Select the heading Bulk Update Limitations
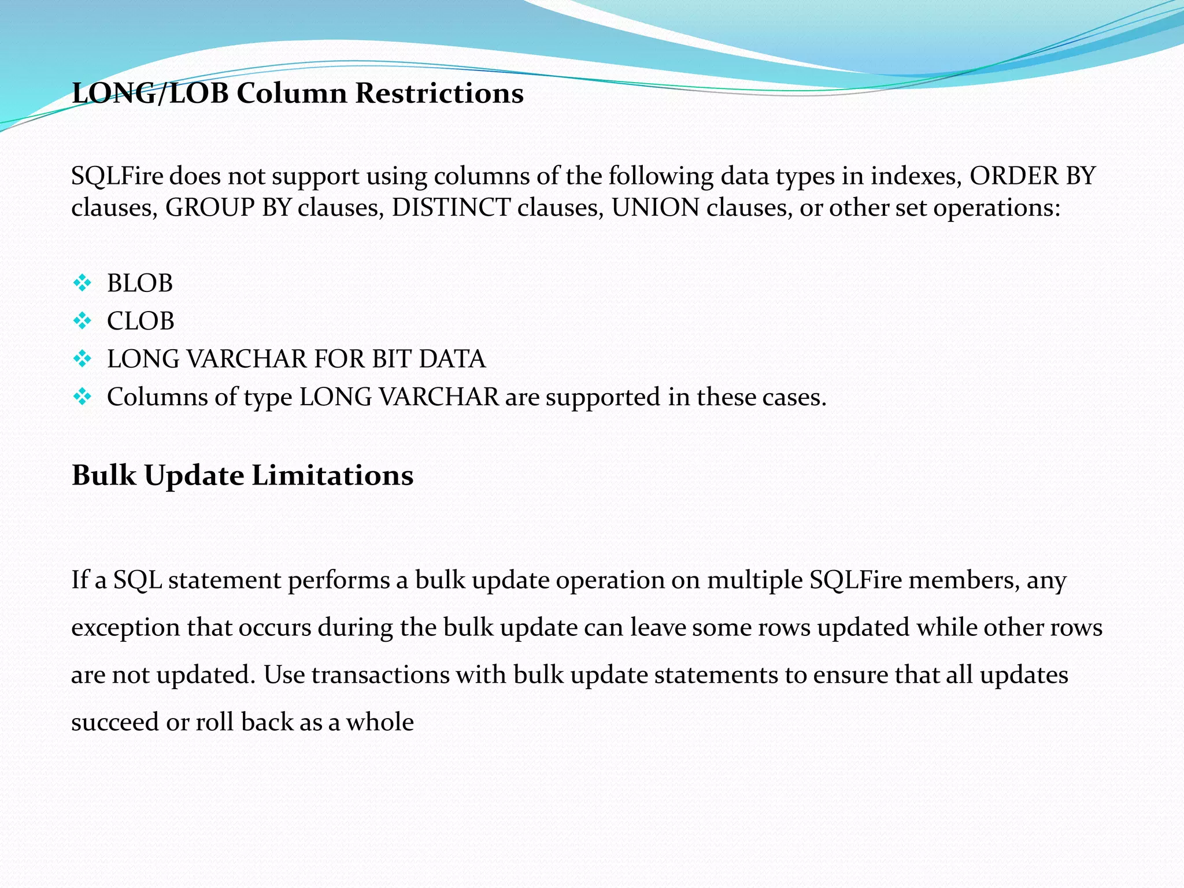[242, 475]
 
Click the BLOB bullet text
[140, 283]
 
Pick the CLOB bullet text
[140, 321]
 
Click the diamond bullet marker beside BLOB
[83, 283]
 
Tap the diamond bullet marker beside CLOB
[83, 321]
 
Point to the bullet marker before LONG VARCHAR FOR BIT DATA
[83, 359]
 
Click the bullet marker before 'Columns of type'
[83, 397]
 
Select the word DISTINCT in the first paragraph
[451, 208]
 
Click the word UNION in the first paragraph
[655, 208]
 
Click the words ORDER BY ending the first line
[1033, 176]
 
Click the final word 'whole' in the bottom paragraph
[380, 722]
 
